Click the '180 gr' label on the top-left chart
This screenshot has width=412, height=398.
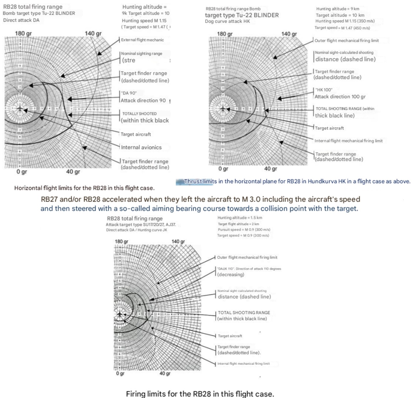click(x=23, y=33)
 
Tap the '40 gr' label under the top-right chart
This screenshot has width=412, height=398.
click(x=270, y=169)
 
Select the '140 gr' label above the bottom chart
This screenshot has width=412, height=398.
click(x=178, y=242)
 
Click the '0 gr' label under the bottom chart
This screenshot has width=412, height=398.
click(x=120, y=374)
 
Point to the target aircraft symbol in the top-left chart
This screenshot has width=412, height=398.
click(x=19, y=109)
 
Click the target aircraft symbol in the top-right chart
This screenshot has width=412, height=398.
click(x=223, y=109)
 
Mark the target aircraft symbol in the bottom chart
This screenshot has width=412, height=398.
click(x=120, y=314)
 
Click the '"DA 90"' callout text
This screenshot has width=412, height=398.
click(x=129, y=93)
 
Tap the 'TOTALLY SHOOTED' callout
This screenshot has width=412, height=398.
click(x=139, y=114)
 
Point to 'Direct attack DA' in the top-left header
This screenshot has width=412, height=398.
click(x=21, y=20)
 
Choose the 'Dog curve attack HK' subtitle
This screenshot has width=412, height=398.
click(x=227, y=21)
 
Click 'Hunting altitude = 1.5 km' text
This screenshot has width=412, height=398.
click(x=240, y=218)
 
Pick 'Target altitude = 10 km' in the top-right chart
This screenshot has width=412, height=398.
click(x=340, y=15)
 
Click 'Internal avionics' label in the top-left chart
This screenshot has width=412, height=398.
click(x=141, y=147)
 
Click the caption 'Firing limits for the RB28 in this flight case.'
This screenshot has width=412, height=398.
click(x=200, y=394)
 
